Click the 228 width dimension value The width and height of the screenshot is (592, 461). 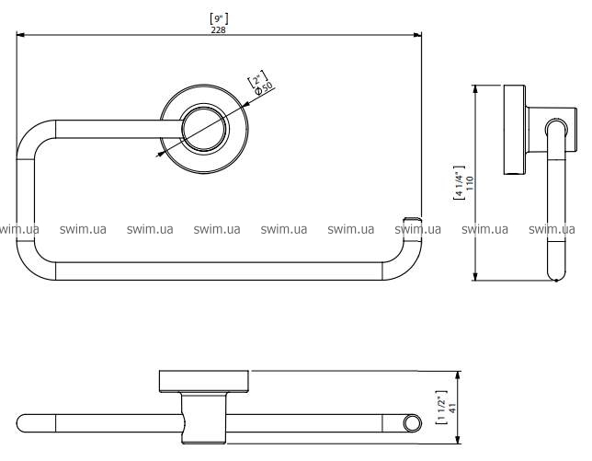point(218,29)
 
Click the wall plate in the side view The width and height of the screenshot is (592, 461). point(513,131)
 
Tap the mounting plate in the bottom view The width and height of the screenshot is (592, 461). point(204,382)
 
